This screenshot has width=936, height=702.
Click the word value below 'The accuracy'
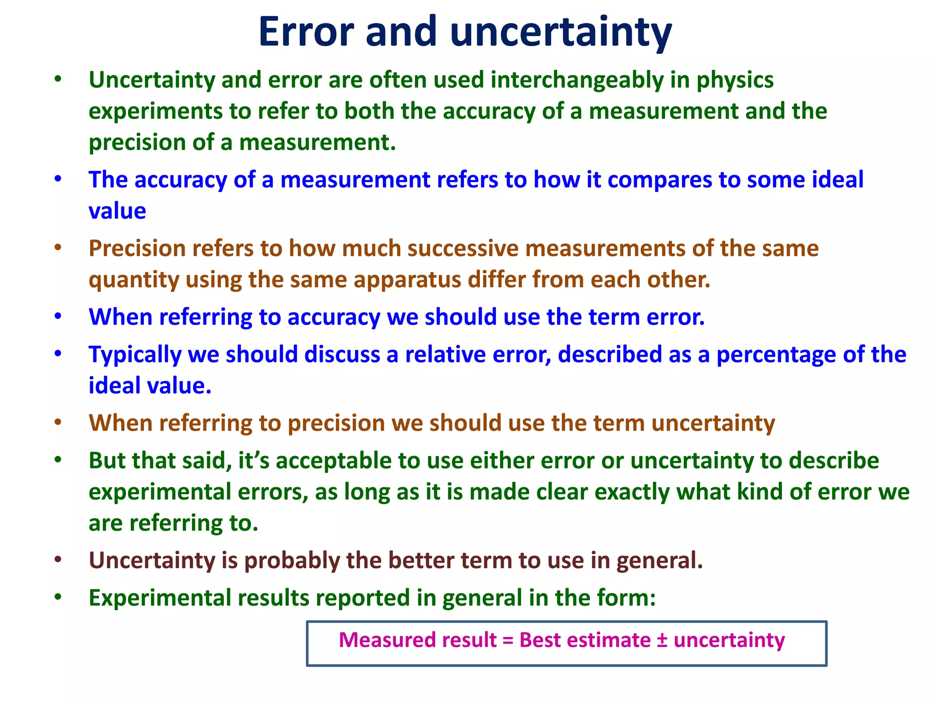click(117, 211)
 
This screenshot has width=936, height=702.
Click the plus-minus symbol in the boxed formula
click(662, 640)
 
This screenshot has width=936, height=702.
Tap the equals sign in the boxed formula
click(508, 640)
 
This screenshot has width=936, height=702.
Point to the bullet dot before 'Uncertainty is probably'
click(58, 559)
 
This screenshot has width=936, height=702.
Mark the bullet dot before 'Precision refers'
click(58, 248)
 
